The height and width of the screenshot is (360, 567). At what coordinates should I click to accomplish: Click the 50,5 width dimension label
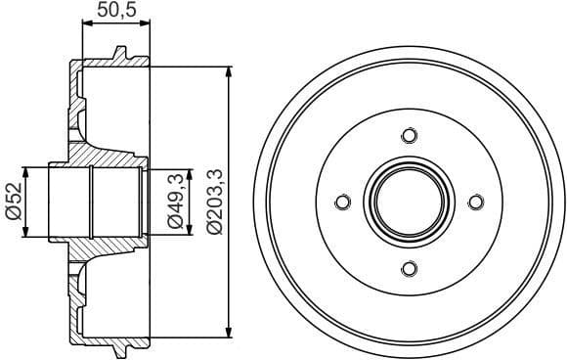point(114,13)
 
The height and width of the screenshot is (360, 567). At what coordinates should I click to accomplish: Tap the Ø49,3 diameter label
point(177,202)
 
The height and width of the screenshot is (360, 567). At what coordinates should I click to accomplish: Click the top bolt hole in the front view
point(409,135)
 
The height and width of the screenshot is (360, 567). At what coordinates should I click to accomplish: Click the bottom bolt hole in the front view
point(409,269)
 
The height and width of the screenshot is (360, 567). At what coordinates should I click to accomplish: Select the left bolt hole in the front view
point(342,202)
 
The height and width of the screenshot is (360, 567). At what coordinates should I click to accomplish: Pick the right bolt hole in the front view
point(476,202)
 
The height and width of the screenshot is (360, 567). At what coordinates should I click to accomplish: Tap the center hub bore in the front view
point(409,202)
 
